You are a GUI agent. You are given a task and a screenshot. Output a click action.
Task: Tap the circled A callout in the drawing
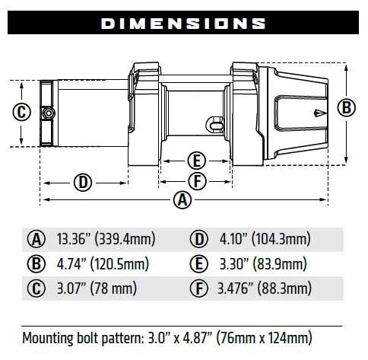(x=181, y=200)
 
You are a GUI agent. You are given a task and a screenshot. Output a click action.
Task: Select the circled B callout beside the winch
(x=347, y=107)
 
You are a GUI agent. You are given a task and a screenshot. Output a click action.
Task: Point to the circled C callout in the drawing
(x=22, y=113)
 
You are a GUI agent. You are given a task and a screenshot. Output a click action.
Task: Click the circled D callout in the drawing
(x=84, y=182)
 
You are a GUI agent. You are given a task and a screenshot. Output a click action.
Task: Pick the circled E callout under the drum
(x=195, y=161)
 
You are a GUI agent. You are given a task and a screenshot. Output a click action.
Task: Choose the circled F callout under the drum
(x=195, y=181)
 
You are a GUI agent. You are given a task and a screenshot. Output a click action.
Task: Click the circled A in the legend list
(x=37, y=240)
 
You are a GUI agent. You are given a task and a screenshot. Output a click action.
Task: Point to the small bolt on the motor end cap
(x=49, y=113)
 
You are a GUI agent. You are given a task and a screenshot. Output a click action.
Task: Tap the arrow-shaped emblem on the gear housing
(x=313, y=108)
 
